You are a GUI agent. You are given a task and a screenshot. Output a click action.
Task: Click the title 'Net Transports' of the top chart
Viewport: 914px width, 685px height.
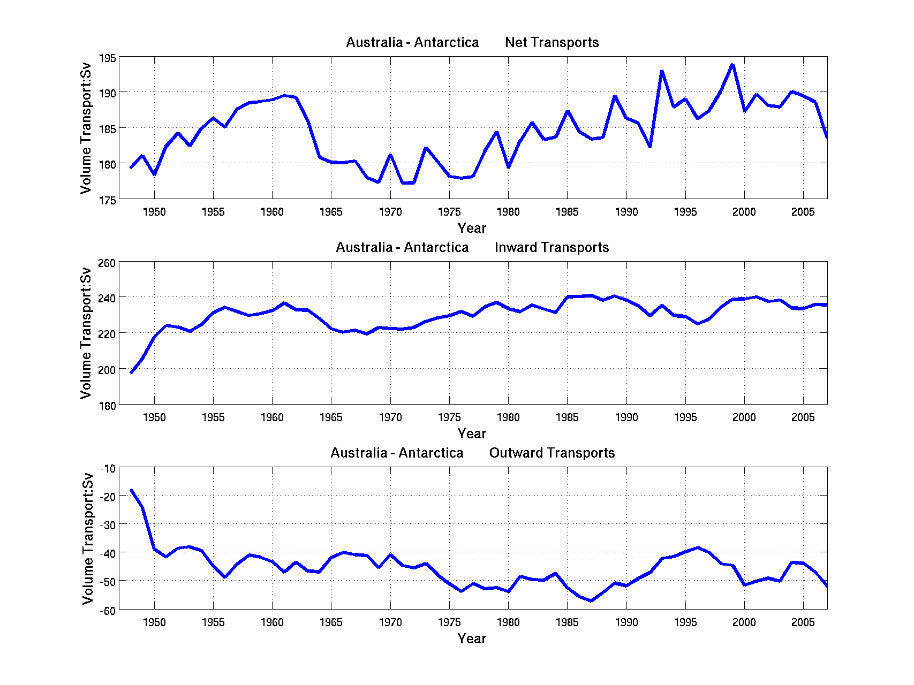(x=552, y=43)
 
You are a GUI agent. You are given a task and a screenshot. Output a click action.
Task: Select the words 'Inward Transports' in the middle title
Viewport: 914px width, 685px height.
(x=552, y=248)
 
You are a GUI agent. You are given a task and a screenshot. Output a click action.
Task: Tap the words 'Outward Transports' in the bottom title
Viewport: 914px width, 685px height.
(x=552, y=453)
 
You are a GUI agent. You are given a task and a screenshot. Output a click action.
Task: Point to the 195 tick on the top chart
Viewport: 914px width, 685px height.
(x=107, y=58)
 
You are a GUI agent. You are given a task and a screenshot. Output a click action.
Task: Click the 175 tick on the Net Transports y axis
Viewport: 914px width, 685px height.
(x=107, y=200)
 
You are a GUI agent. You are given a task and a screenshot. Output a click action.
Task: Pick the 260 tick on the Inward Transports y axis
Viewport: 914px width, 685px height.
(x=107, y=263)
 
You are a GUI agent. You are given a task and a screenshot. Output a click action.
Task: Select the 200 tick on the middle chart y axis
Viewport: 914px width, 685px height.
(x=107, y=370)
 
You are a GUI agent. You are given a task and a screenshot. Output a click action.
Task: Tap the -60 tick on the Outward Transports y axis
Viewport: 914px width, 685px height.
(x=107, y=611)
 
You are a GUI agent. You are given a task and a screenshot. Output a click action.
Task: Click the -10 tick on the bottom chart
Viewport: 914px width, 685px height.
(x=108, y=469)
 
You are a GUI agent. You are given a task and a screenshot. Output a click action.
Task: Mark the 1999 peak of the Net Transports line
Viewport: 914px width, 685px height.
(x=732, y=65)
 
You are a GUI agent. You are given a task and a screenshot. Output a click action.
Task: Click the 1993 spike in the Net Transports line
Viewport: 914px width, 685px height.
(x=662, y=71)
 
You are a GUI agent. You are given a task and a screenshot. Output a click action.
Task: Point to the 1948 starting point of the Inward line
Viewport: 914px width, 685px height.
(x=131, y=372)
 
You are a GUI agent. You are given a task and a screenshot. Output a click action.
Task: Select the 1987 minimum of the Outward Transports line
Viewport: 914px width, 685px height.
(x=591, y=600)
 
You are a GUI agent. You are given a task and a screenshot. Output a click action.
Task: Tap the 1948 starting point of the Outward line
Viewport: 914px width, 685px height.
(x=131, y=490)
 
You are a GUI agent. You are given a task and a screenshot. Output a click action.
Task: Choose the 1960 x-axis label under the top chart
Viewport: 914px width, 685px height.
(x=272, y=212)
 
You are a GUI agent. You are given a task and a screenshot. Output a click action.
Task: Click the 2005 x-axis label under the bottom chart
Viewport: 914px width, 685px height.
(x=803, y=622)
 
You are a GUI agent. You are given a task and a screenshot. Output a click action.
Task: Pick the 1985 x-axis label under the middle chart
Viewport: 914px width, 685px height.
(x=567, y=417)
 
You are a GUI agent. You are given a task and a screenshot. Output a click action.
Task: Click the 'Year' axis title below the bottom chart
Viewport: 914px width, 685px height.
(x=472, y=638)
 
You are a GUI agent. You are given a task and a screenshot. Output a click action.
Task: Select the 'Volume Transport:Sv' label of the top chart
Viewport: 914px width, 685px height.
(x=86, y=128)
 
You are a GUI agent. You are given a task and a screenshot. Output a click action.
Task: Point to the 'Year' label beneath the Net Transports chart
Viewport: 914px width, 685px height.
(x=472, y=229)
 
